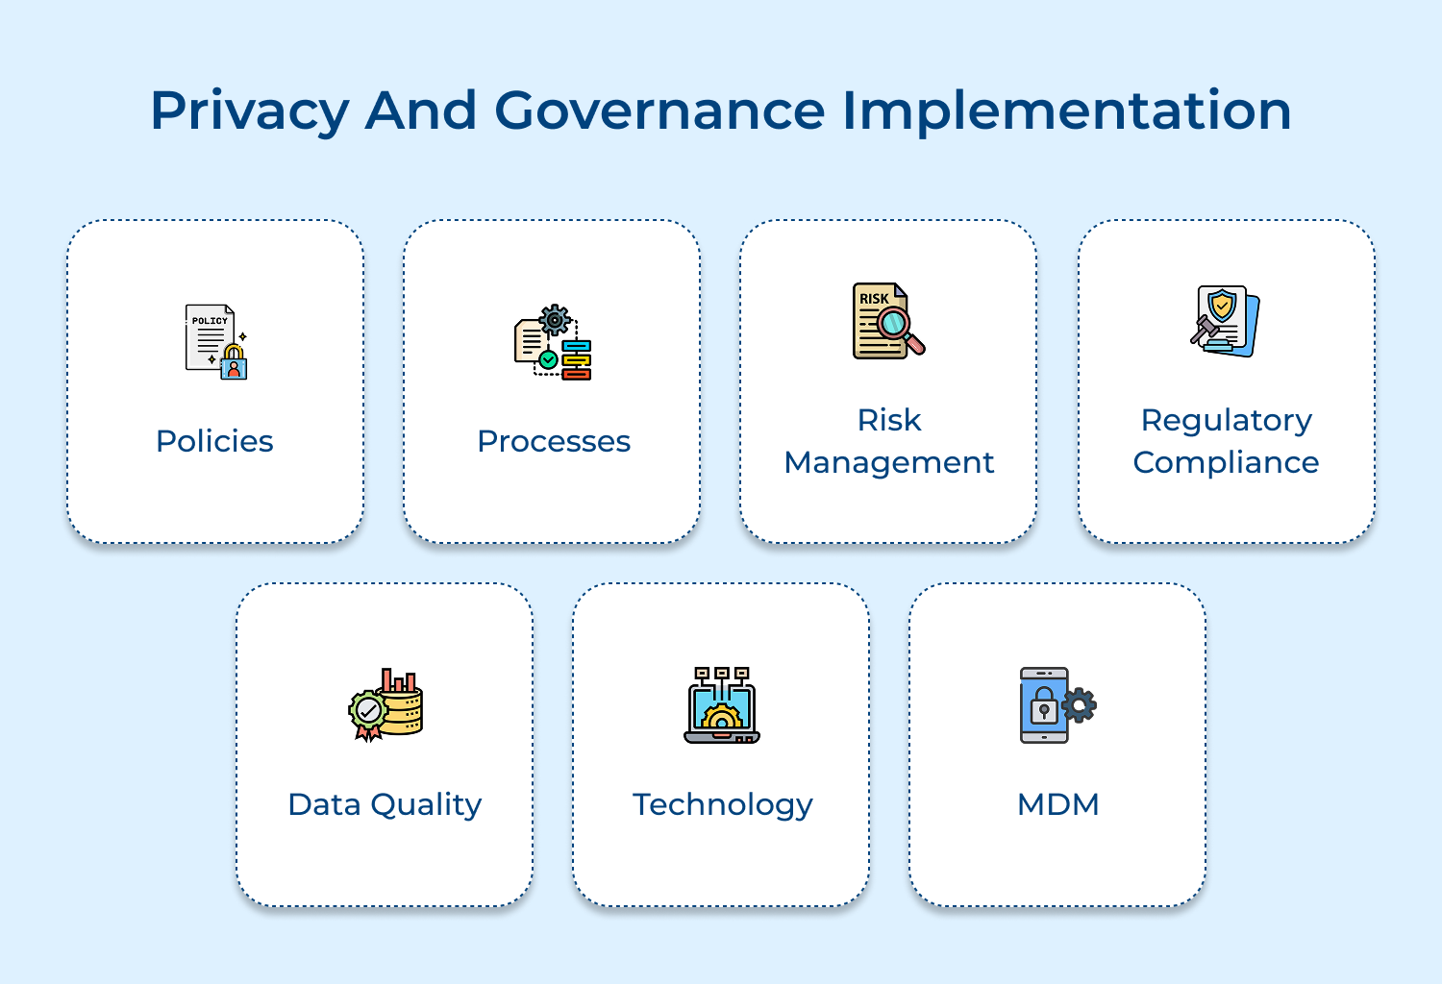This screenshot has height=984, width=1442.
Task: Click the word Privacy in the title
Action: (249, 111)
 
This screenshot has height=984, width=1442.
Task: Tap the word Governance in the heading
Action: (659, 110)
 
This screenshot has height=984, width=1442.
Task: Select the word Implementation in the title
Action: (1066, 111)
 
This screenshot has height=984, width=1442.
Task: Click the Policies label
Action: (214, 441)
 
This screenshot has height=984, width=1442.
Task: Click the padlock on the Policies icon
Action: (234, 362)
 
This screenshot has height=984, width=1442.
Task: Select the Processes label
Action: (554, 441)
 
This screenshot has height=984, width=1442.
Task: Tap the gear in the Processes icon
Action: (555, 320)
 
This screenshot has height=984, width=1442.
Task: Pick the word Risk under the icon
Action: (889, 420)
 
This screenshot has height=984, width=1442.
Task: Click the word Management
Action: (889, 462)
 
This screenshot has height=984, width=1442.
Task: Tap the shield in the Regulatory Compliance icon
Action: (1222, 306)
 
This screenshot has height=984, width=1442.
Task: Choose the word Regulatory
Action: (1227, 420)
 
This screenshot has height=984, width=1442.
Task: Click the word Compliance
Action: (1226, 462)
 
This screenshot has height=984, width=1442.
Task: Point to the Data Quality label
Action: (385, 804)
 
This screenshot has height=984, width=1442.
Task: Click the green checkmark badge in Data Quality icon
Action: (367, 712)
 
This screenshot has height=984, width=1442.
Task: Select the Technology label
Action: (723, 804)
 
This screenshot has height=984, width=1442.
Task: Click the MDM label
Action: (1057, 804)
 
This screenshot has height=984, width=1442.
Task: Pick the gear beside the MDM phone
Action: (1080, 705)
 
